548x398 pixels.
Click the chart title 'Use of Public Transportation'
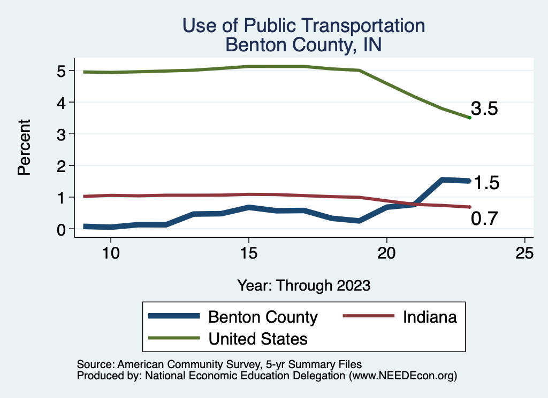pos(303,26)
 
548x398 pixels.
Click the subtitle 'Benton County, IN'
pos(303,44)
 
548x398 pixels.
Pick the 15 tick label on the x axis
pos(248,253)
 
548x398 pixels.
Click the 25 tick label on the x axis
pos(524,253)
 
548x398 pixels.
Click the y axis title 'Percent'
pos(24,147)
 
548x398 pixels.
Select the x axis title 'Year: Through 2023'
pos(303,285)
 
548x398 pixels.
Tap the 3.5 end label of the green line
pos(485,109)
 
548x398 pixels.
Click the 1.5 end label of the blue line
pos(486,183)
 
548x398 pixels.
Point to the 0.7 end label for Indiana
pos(485,218)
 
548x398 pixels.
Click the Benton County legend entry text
pos(263,317)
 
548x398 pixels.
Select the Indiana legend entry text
pos(430,317)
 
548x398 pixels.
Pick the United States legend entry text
pos(258,339)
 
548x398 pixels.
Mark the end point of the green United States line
pos(469,118)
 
